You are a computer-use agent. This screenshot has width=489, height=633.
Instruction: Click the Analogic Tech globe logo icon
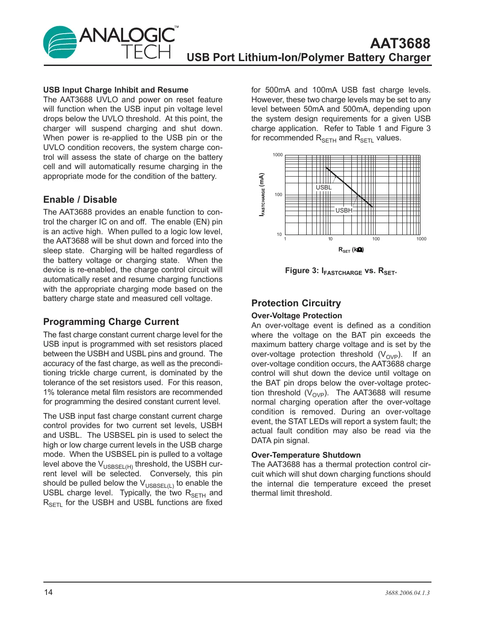pos(60,42)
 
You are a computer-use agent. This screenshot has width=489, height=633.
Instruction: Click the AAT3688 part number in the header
pos(400,43)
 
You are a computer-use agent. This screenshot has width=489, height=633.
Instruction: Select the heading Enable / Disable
pos(80,200)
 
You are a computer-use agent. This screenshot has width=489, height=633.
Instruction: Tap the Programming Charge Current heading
pos(111,322)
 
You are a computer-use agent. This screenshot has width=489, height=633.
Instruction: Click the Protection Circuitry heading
pos(296,303)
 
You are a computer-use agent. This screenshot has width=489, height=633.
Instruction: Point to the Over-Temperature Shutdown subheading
pos(306,455)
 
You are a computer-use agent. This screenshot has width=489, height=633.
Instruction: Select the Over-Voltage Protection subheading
pos(296,316)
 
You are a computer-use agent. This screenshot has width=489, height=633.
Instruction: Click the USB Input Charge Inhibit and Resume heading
pos(116,90)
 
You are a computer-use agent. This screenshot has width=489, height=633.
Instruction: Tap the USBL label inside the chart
pos(323,187)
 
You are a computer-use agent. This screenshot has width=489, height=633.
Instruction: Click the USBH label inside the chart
pos(343,210)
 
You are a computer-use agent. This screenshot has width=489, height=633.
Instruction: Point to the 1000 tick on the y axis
pos(277,155)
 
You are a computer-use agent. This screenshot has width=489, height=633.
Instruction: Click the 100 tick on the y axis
pos(278,194)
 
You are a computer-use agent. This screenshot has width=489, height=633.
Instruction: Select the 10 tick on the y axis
pos(279,234)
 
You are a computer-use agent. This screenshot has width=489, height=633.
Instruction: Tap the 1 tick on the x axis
pos(285,239)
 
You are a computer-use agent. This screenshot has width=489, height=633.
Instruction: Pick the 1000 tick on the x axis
pos(421,239)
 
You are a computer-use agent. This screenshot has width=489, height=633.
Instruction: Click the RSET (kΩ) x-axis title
pos(351,250)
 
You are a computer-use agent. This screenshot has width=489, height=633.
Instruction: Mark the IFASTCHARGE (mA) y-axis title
pos(262,194)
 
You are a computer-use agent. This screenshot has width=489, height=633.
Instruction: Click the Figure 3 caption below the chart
pos(341,271)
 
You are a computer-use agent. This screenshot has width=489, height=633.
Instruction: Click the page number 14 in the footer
pos(48,592)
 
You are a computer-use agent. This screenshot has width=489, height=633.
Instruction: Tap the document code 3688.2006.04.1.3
pos(407,593)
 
